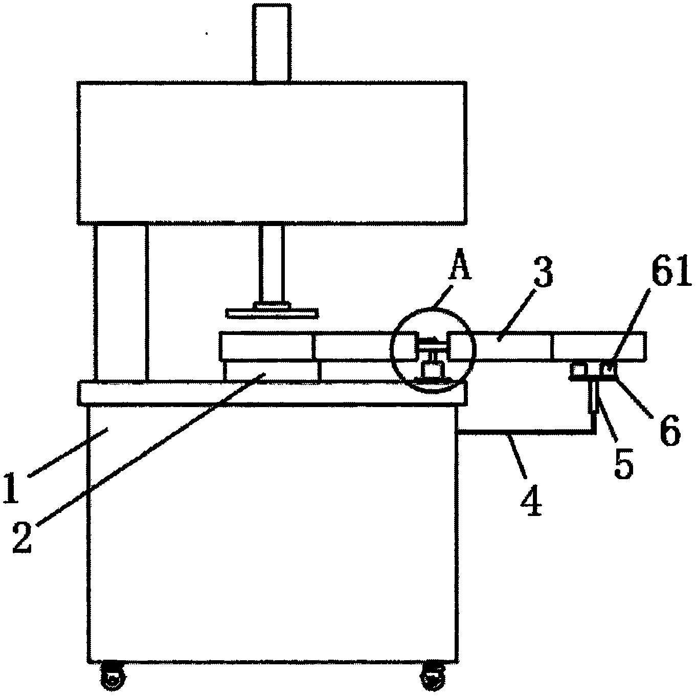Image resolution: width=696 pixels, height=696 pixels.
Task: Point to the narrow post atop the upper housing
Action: [272, 43]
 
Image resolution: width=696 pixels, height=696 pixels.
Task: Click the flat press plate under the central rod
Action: [273, 313]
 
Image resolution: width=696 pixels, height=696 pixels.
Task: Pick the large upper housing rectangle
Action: [272, 152]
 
